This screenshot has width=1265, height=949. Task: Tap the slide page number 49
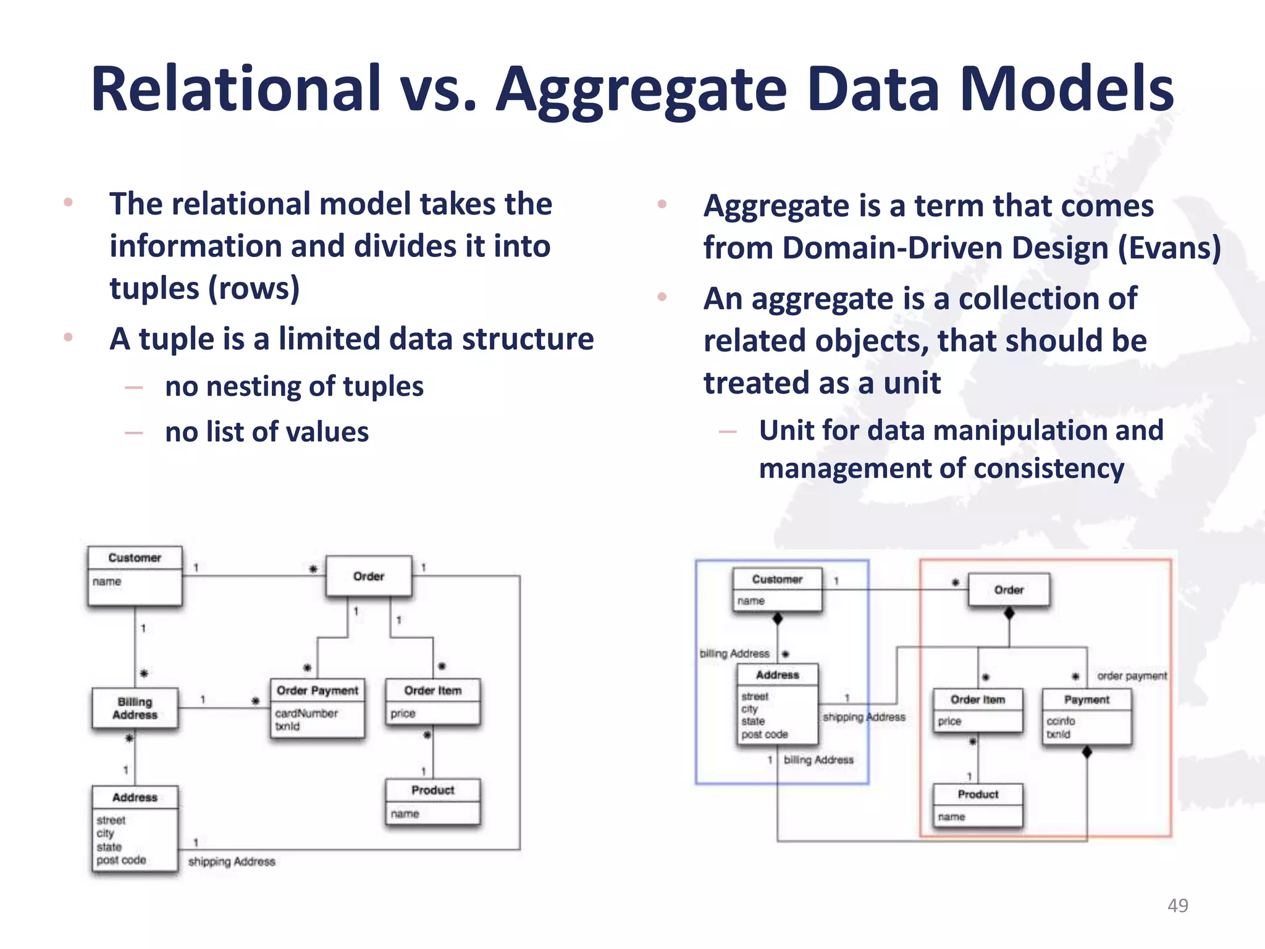(x=1177, y=905)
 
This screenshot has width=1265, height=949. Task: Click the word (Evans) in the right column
(x=1169, y=248)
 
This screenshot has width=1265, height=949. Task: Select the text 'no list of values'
(x=267, y=432)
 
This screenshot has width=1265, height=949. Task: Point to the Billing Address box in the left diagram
(x=135, y=709)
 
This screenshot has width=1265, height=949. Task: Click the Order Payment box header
(x=317, y=690)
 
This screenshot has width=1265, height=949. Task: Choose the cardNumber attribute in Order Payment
(x=306, y=713)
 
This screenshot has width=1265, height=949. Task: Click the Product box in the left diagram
(x=432, y=801)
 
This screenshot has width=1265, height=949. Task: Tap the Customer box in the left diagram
(x=135, y=575)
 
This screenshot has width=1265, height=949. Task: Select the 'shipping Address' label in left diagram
(x=232, y=861)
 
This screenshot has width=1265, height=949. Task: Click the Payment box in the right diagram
(x=1086, y=716)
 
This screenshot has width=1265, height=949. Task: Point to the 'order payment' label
(x=1132, y=676)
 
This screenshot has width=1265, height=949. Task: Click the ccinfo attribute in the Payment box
(x=1061, y=721)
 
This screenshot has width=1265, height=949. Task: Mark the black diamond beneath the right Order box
(x=1009, y=613)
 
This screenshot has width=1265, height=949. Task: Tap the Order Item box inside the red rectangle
(x=977, y=710)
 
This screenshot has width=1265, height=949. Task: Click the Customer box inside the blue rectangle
(x=777, y=589)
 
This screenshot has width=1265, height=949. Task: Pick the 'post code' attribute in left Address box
(x=121, y=859)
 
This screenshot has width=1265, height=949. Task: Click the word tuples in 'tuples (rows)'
(x=154, y=289)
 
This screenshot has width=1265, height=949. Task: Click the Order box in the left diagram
(x=369, y=576)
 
